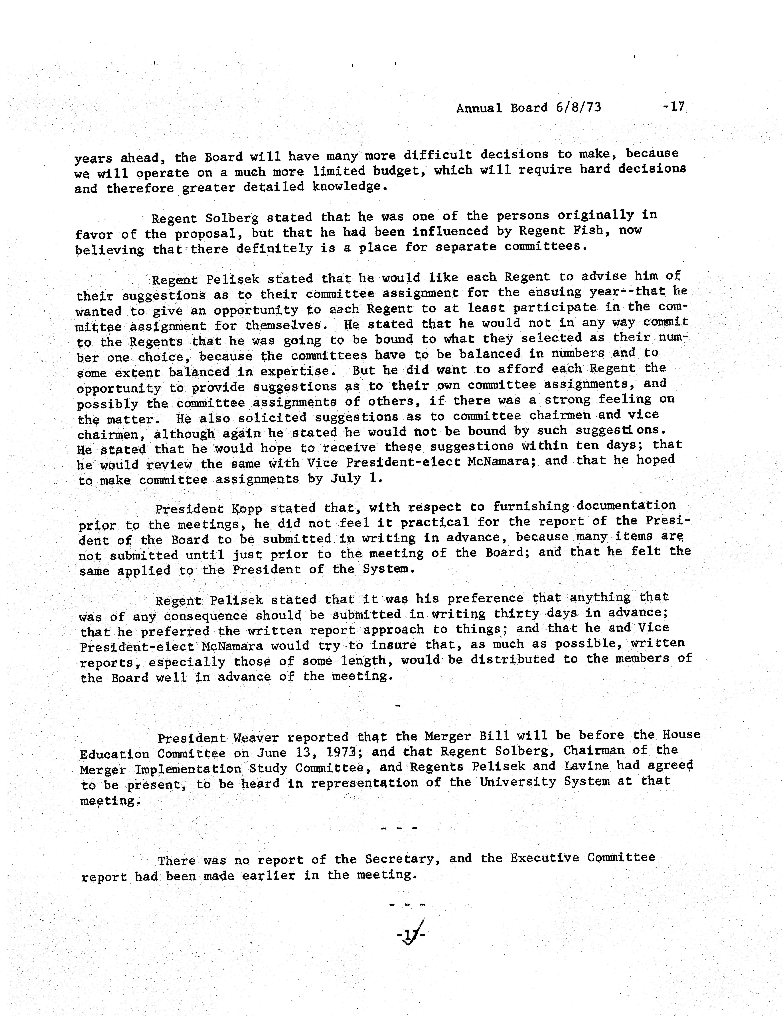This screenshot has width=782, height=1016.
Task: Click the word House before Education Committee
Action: pyautogui.click(x=681, y=735)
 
